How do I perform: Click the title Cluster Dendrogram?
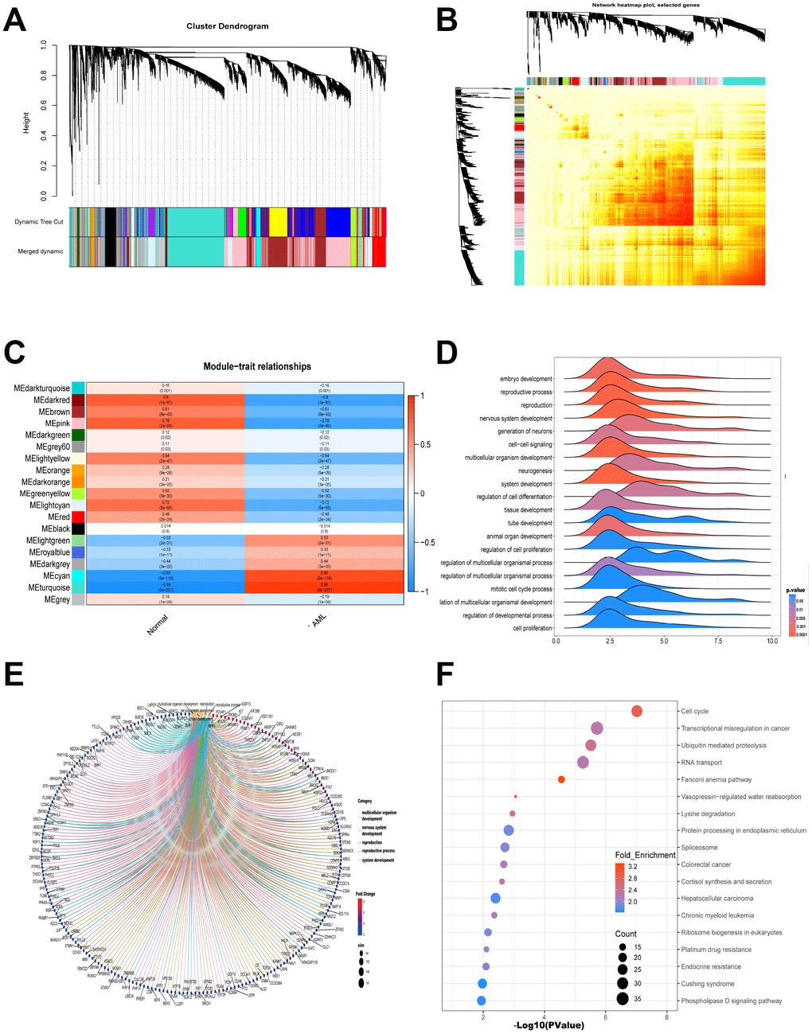point(228,26)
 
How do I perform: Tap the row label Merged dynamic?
point(41,252)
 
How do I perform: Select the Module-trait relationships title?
point(257,367)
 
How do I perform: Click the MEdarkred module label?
point(52,400)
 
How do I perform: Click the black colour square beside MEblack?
point(78,529)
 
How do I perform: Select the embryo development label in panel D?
point(525,379)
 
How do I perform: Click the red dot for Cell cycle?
point(637,711)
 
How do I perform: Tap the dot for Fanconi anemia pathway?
point(561,779)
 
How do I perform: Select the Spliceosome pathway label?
point(699,848)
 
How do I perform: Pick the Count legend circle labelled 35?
point(621,999)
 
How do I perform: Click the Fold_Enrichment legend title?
point(645,855)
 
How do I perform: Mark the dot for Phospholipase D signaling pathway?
point(481,1001)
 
